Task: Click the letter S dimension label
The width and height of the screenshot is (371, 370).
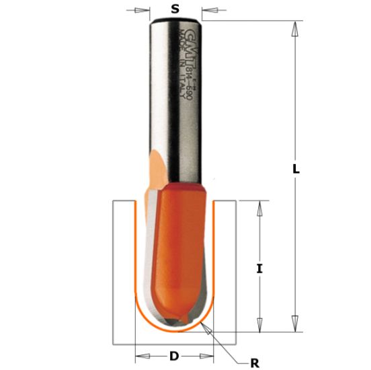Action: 175,9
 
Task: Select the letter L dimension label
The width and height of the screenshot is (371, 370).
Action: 295,171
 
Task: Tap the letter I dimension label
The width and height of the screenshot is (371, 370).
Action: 259,268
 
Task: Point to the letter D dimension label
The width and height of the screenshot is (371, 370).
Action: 174,356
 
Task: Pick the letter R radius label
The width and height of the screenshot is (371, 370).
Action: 254,363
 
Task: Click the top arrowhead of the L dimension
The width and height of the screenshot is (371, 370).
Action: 294,29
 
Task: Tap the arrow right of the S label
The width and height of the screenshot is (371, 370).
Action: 209,10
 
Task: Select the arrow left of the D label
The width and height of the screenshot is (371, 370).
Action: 142,355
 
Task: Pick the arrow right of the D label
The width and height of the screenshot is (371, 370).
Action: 206,355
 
